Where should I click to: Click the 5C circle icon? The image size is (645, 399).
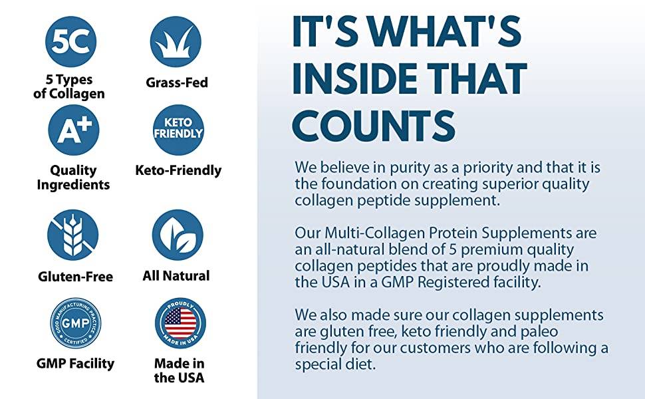pyautogui.click(x=70, y=41)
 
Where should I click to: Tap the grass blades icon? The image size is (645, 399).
pyautogui.click(x=176, y=41)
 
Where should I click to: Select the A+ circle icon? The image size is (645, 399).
pyautogui.click(x=74, y=130)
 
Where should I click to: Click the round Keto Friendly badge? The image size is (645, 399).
pyautogui.click(x=178, y=130)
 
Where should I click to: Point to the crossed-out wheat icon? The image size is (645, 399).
pyautogui.click(x=72, y=235)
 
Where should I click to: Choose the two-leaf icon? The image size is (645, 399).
pyautogui.click(x=178, y=235)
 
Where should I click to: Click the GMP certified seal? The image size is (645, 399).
pyautogui.click(x=75, y=323)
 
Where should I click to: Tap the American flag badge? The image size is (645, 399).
pyautogui.click(x=180, y=323)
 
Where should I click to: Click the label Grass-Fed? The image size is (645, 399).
pyautogui.click(x=177, y=82)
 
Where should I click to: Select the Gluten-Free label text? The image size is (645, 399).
pyautogui.click(x=75, y=277)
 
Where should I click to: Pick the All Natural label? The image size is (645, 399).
pyautogui.click(x=176, y=275)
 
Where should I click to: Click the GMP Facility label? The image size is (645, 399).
pyautogui.click(x=75, y=364)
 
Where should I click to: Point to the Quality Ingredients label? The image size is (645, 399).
pyautogui.click(x=73, y=178)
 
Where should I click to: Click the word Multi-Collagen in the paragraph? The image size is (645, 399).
pyautogui.click(x=374, y=233)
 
